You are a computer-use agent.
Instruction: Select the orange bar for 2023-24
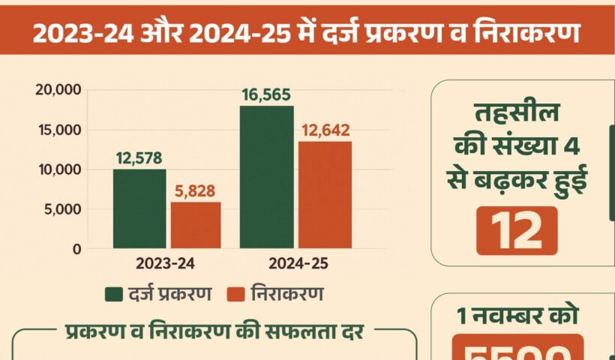(x=196, y=225)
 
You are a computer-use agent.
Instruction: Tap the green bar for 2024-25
(x=267, y=177)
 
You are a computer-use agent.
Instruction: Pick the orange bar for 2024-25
(x=325, y=195)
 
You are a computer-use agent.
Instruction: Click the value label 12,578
(x=139, y=158)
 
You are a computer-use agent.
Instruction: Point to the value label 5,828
(x=196, y=190)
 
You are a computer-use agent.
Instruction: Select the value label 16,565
(x=266, y=94)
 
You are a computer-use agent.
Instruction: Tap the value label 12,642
(x=325, y=130)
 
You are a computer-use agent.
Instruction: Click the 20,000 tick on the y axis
(x=57, y=90)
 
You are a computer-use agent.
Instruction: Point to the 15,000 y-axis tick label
(x=58, y=130)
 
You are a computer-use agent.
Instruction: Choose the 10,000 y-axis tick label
(x=58, y=169)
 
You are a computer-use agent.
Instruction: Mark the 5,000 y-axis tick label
(x=61, y=209)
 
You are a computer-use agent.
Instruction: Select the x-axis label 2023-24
(x=166, y=264)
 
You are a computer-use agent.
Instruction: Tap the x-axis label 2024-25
(x=296, y=264)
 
